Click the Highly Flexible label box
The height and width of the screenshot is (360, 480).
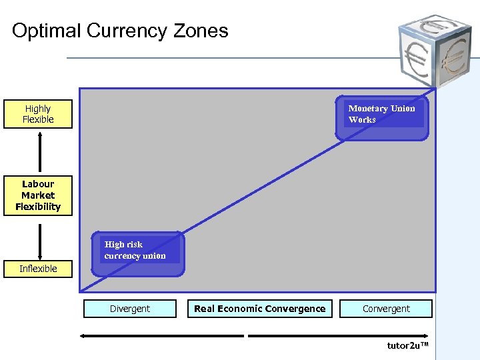(x=38, y=114)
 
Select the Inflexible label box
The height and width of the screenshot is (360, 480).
(x=38, y=269)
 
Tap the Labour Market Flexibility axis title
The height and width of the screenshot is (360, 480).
(x=38, y=195)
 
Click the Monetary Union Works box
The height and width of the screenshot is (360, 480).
(x=382, y=119)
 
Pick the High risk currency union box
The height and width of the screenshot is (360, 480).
(x=137, y=254)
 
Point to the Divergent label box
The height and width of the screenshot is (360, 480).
(x=130, y=309)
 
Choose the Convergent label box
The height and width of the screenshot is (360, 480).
(x=386, y=309)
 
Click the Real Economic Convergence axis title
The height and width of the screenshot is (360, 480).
(x=259, y=309)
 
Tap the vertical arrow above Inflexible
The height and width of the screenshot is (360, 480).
(x=40, y=241)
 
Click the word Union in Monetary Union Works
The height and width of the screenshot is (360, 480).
(x=403, y=109)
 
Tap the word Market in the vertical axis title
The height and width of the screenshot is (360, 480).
(x=38, y=195)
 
